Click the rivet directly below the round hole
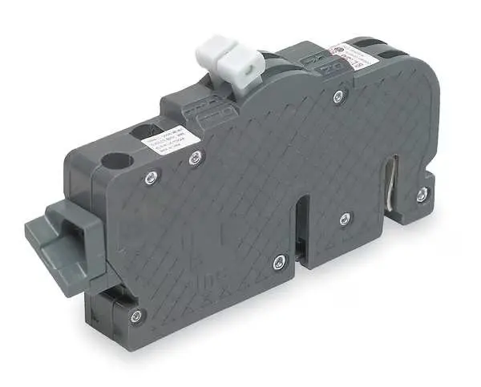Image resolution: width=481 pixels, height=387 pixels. [150, 178]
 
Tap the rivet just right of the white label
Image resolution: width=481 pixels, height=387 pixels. [195, 158]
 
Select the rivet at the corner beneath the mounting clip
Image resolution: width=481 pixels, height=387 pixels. [136, 316]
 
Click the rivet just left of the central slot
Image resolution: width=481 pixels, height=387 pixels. [278, 260]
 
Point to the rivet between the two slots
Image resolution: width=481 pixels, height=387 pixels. [344, 218]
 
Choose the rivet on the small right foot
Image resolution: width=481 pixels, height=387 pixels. [422, 193]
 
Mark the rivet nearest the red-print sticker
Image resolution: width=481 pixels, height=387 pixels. [338, 96]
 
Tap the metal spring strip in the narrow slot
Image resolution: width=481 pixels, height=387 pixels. [390, 187]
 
